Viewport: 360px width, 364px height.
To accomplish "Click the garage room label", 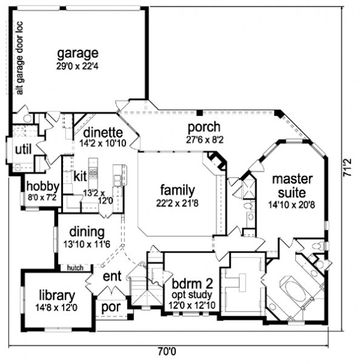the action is [78, 54].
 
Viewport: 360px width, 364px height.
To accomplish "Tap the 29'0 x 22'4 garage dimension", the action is [77, 66].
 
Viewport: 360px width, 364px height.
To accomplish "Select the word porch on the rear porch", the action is [204, 127].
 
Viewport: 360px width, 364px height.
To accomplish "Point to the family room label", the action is [178, 190].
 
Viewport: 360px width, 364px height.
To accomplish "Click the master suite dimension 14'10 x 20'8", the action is [292, 205].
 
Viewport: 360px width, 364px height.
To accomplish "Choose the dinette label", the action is [103, 132].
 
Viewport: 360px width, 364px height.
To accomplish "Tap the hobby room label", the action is [43, 186].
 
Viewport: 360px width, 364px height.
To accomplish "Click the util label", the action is [23, 149].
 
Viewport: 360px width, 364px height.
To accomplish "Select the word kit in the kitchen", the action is [80, 177].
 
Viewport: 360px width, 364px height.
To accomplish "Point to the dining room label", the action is [87, 232].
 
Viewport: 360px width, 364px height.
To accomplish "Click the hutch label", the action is [75, 268].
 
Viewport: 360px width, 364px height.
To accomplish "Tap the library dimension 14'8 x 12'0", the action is [56, 308].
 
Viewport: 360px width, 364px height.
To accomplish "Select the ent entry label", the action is [112, 277].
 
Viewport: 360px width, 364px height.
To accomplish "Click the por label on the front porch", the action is [111, 308].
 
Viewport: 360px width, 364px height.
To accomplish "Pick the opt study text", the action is [192, 295].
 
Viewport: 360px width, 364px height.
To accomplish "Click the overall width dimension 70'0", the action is [167, 351].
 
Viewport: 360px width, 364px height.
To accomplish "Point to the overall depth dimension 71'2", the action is [347, 167].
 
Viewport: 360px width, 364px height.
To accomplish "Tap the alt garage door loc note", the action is [19, 58].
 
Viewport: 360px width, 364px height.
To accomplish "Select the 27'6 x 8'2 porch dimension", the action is [205, 140].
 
